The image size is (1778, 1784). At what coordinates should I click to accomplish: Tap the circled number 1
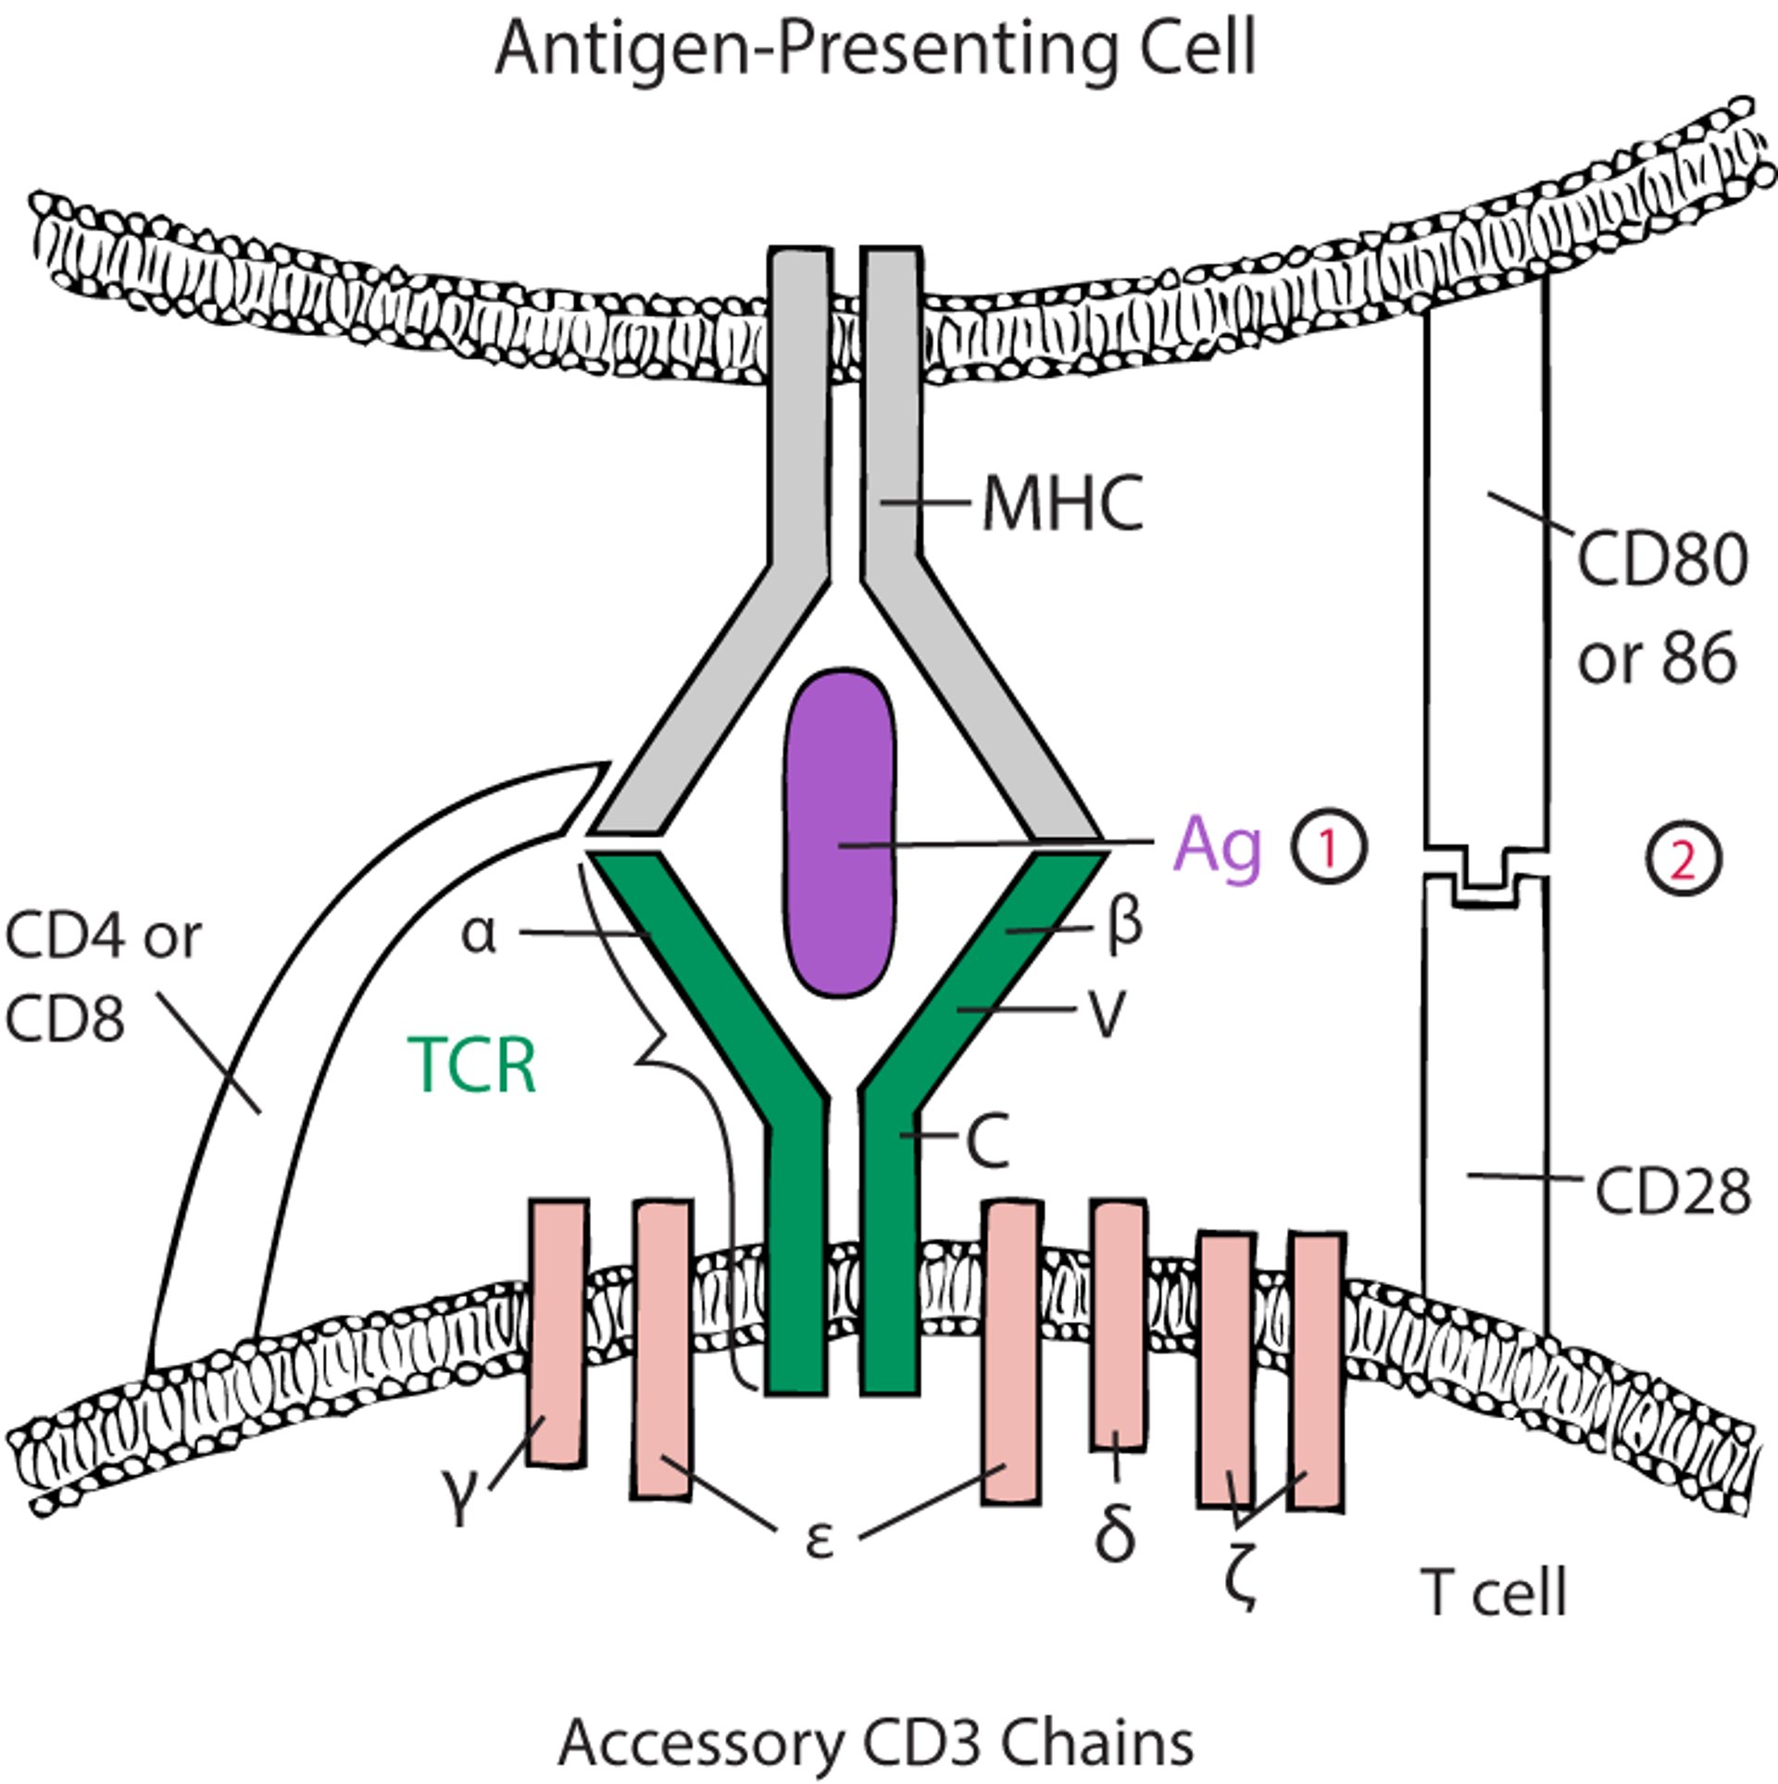1329,847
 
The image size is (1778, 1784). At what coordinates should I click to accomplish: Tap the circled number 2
1683,860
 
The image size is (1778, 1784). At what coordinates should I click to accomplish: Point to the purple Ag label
1217,846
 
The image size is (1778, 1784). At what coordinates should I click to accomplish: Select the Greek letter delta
1115,1533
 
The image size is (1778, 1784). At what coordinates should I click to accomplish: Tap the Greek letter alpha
479,934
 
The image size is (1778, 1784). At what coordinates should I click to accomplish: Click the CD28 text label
1672,1191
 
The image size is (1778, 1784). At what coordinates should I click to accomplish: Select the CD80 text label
1662,560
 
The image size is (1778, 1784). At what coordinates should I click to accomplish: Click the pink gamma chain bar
557,1333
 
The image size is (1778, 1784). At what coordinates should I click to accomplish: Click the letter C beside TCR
987,1142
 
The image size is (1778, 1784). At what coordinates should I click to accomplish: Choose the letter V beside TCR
1106,1015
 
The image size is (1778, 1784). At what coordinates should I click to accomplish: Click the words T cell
1493,1591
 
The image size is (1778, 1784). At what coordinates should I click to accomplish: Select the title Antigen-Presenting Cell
875,48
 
